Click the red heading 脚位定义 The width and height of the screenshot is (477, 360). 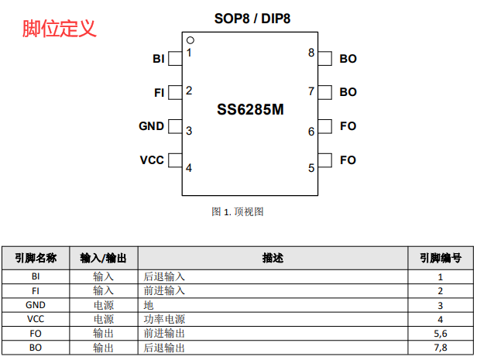(60, 29)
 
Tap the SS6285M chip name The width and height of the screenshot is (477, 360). (250, 110)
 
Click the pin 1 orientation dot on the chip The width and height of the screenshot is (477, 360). (190, 40)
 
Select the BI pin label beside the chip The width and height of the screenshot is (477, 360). (159, 59)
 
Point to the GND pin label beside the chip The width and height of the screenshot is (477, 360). (151, 126)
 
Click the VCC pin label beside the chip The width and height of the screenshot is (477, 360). (151, 160)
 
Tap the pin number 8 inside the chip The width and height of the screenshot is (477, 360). (311, 53)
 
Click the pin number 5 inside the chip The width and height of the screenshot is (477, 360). (311, 167)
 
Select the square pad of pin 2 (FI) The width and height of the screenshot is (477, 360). (175, 93)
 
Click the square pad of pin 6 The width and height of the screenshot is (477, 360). (324, 126)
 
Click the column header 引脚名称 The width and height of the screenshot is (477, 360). (36, 258)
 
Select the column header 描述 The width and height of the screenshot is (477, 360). (273, 258)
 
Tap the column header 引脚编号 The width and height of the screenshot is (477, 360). (441, 258)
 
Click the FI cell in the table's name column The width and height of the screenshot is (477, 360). (36, 290)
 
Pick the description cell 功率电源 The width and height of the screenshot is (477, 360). (165, 319)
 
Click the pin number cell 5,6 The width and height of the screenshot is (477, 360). (441, 333)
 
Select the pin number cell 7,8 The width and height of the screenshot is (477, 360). (441, 348)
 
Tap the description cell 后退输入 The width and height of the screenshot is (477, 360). (165, 276)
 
